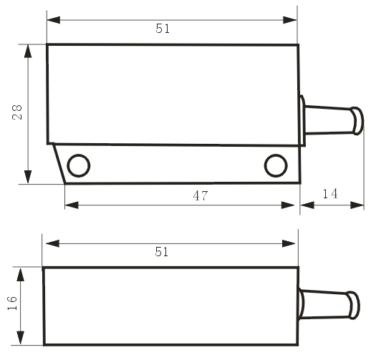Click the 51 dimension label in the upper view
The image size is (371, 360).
click(163, 29)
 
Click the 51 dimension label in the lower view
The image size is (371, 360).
click(162, 252)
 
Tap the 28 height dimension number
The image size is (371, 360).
click(17, 112)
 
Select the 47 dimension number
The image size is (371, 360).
click(201, 195)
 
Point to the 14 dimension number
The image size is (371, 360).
click(330, 194)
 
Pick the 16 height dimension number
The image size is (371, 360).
click(12, 303)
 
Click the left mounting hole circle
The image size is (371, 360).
click(79, 165)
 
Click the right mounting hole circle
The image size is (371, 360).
click(276, 165)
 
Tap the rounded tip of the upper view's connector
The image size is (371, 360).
click(357, 121)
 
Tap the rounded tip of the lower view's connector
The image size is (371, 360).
click(353, 305)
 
